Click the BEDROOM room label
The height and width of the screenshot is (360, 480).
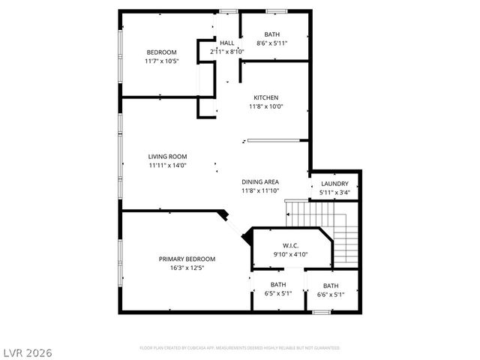coord(161,52)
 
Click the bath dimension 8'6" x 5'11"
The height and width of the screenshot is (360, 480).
coord(272,43)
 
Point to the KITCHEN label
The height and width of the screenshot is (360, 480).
coord(265,98)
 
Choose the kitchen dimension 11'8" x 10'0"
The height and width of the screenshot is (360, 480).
coord(265,106)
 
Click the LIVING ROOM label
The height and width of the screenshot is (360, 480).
coord(167,157)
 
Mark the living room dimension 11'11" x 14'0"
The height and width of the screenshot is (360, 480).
coord(167,165)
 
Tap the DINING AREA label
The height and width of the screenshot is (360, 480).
coord(260,182)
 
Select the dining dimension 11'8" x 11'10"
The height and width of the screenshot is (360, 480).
coord(260,190)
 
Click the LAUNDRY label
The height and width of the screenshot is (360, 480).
coord(334,184)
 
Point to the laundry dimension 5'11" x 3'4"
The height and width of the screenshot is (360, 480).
coord(334,193)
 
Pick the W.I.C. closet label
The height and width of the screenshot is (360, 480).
coord(291,246)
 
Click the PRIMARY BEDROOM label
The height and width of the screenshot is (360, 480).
coord(187,259)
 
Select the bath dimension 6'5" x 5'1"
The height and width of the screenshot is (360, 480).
coord(278,293)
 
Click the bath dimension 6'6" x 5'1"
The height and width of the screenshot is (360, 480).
coord(331,295)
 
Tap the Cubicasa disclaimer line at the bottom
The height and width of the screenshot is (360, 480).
coord(239,348)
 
